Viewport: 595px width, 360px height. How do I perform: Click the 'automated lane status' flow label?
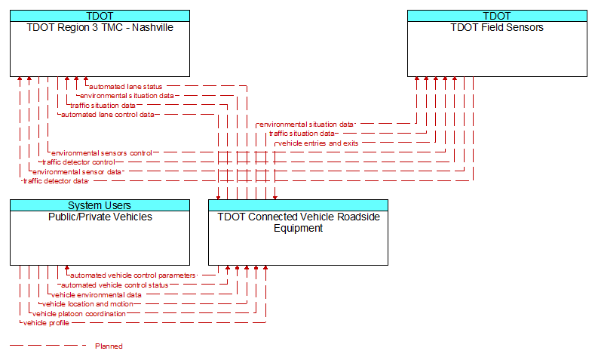coord(126,87)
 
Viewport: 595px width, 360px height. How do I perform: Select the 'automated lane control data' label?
coord(108,115)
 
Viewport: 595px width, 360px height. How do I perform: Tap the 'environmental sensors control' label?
coord(102,153)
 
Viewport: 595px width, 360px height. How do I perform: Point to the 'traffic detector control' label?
coord(78,162)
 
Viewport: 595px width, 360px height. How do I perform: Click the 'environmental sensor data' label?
coord(77,171)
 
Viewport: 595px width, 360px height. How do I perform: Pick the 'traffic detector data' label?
coord(56,181)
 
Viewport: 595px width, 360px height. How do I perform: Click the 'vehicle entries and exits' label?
coord(318,143)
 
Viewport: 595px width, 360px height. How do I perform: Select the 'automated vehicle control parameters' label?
coord(133,275)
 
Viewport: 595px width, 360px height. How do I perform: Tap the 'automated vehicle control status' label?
coord(115,285)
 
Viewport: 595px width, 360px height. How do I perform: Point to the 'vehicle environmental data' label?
coord(97,294)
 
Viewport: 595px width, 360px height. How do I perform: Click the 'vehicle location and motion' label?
coord(87,304)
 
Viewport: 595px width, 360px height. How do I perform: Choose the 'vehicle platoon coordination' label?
coord(79,314)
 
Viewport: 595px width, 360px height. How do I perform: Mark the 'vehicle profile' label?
coord(46,323)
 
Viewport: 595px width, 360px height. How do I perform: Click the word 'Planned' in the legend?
coord(109,346)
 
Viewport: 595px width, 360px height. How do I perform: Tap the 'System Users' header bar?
coord(100,205)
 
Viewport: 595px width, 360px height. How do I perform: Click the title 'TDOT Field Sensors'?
coord(497,27)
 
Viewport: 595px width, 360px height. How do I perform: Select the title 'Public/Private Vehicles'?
coord(100,217)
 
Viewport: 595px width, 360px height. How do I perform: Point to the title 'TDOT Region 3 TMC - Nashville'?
coord(100,27)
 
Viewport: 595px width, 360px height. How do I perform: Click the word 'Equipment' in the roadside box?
coord(299,228)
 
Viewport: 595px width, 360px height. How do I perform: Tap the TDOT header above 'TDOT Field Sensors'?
coord(497,16)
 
